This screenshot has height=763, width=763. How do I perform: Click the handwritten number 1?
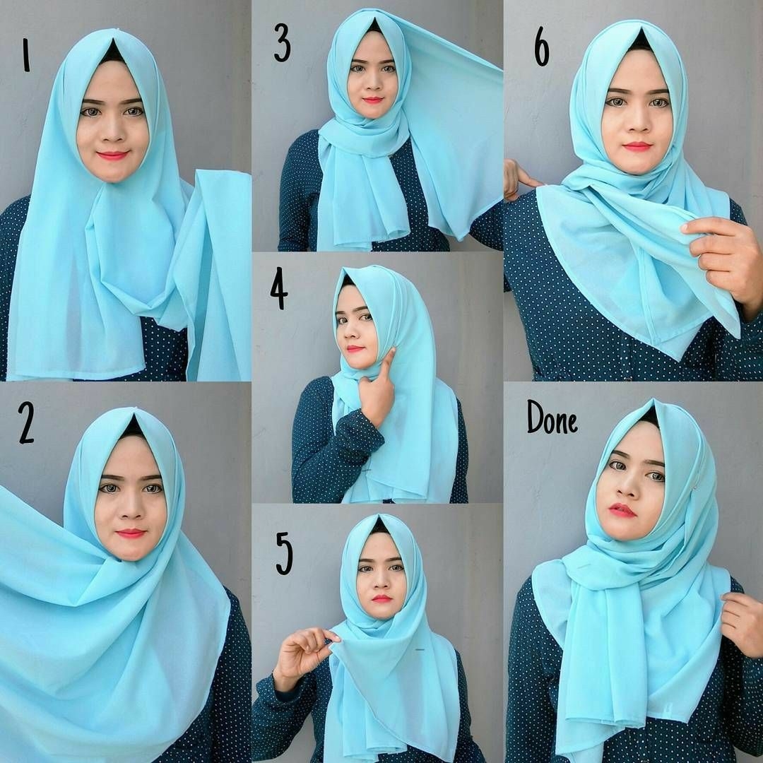[x=26, y=55]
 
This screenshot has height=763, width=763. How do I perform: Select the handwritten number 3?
[x=282, y=43]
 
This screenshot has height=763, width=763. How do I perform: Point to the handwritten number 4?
[x=279, y=290]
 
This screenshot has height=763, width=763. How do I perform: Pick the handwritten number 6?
[x=542, y=46]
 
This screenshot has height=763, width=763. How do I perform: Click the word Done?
[x=552, y=418]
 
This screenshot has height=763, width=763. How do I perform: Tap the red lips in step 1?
[x=112, y=155]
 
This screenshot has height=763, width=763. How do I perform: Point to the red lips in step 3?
[x=373, y=100]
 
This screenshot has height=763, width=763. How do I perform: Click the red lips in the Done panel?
[x=622, y=511]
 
